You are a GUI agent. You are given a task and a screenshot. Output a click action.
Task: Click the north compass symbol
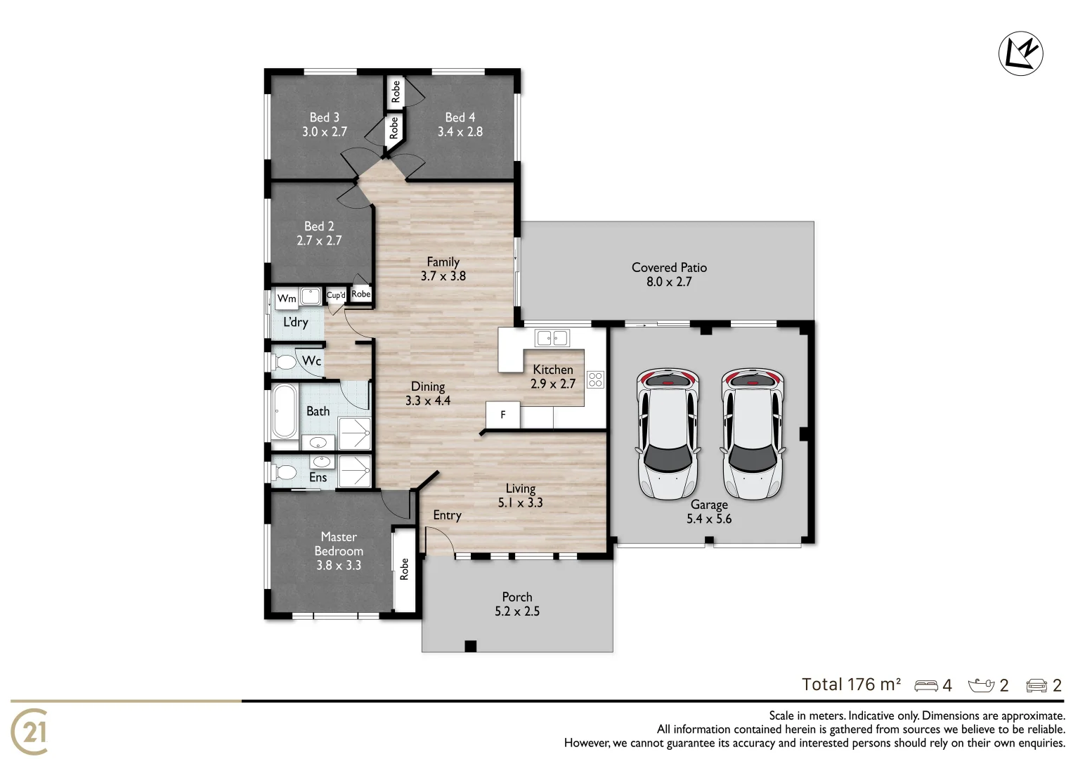click(1020, 53)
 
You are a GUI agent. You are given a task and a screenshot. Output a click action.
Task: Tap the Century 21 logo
click(30, 732)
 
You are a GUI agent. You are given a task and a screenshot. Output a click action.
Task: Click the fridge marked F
click(503, 415)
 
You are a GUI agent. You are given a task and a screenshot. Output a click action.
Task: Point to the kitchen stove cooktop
click(595, 379)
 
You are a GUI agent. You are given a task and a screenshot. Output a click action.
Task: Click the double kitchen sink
click(552, 339)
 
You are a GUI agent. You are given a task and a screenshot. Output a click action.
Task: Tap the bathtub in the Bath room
click(285, 411)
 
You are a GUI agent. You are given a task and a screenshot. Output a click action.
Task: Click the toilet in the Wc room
click(285, 363)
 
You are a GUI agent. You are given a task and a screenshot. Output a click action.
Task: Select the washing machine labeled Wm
click(287, 298)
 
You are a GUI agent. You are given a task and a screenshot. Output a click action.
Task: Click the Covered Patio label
click(669, 268)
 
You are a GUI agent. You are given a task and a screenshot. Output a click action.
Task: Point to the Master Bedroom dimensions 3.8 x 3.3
click(339, 565)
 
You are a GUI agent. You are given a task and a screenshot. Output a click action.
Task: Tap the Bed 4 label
click(460, 117)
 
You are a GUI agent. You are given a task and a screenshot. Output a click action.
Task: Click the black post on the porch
click(470, 647)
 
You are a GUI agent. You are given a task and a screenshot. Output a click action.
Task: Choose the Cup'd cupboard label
click(336, 295)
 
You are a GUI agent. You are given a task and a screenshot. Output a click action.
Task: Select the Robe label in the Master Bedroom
click(404, 569)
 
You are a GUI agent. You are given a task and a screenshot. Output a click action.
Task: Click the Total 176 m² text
click(851, 685)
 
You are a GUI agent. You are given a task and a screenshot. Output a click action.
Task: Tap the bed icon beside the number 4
click(925, 686)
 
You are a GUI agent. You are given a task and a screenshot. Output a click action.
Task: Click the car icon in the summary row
click(1036, 686)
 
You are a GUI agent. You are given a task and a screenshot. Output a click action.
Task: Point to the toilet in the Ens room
click(285, 472)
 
